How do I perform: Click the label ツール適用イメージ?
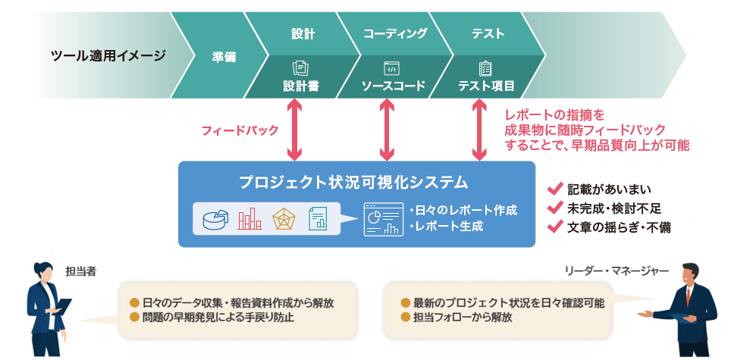(108, 55)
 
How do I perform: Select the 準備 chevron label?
(224, 55)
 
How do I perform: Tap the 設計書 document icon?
(301, 69)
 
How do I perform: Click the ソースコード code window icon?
(392, 69)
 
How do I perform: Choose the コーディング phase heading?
(395, 34)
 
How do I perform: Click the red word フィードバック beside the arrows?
(240, 130)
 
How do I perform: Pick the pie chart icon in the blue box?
(215, 219)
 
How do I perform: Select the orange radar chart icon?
(284, 219)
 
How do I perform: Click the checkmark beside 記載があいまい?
(554, 189)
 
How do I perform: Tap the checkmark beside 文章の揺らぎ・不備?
(554, 226)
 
